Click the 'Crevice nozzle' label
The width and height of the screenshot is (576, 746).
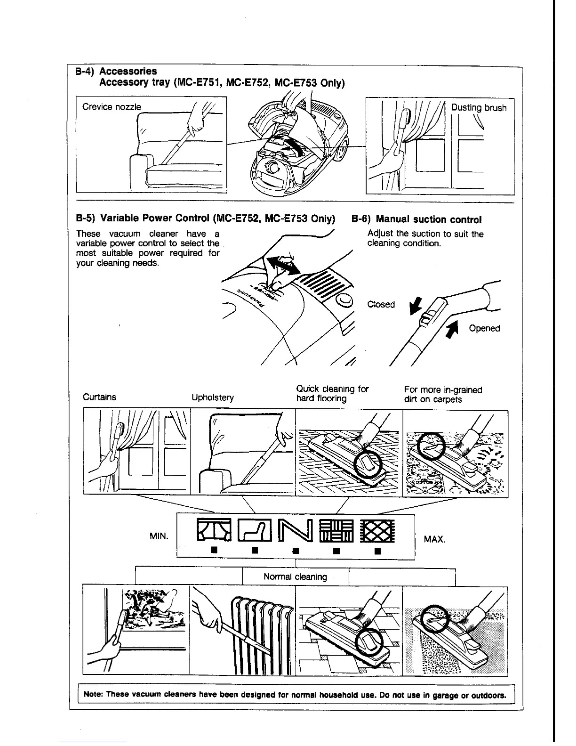point(112,107)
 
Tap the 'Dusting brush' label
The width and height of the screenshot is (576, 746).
point(479,107)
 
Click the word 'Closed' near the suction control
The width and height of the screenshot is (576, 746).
point(381,304)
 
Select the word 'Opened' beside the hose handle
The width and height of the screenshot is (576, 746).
point(484,328)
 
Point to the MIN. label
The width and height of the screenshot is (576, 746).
point(158,536)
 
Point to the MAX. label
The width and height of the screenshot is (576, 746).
point(434,539)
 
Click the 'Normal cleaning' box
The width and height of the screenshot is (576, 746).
point(295,576)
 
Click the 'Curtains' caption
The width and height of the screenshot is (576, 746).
point(99,397)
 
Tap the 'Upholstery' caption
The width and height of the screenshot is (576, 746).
point(212,397)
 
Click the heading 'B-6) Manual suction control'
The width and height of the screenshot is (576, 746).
point(416,219)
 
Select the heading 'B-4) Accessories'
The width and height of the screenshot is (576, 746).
point(116,71)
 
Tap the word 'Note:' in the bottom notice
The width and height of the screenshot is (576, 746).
point(93,695)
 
